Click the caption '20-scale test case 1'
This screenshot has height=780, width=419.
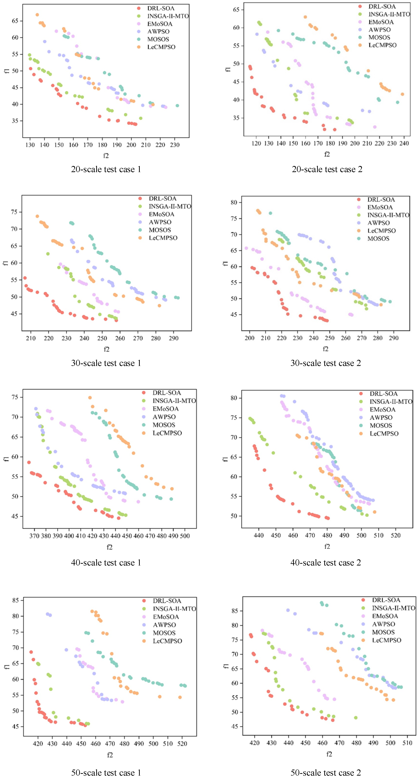coord(106,169)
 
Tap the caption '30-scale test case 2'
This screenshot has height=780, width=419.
coord(325,363)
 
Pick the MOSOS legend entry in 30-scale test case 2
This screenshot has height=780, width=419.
coord(378,239)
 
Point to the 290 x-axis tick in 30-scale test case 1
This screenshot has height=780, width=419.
coord(173,338)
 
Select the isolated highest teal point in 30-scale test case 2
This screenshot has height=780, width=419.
coord(270,213)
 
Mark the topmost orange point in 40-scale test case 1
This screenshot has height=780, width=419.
coord(90,398)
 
